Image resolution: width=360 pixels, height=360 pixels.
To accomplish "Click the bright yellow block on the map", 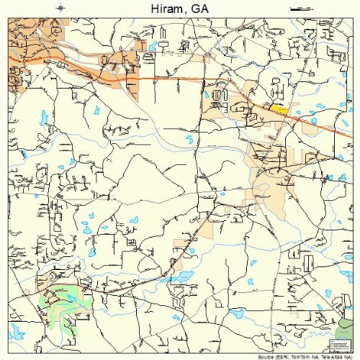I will click(x=279, y=109).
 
